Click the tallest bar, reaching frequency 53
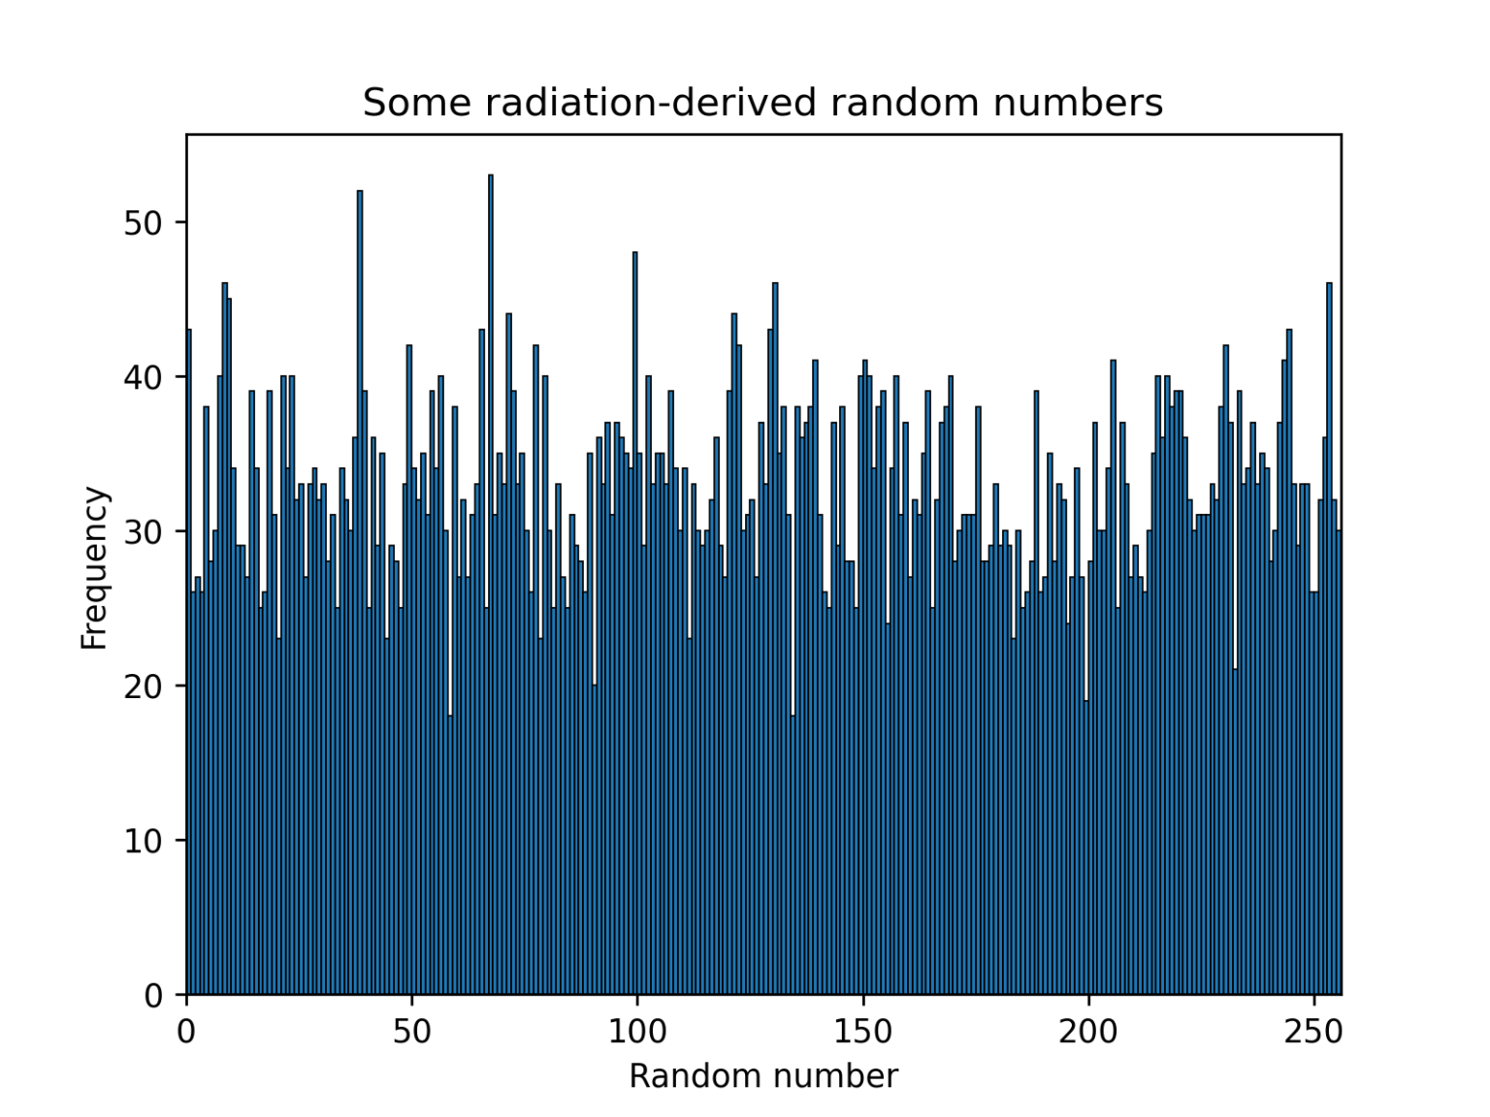(491, 582)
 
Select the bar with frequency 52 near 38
(360, 591)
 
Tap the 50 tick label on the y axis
(143, 223)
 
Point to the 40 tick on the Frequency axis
(143, 377)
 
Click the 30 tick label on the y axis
(143, 531)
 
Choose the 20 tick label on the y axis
(143, 686)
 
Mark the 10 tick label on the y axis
(143, 841)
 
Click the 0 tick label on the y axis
(153, 996)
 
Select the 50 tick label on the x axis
(411, 1032)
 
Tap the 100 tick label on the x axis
(637, 1032)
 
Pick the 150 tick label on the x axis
(862, 1032)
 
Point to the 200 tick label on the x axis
(1088, 1032)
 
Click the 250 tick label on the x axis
(1313, 1032)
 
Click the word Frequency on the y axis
(94, 568)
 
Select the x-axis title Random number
(763, 1076)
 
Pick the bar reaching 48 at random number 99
(635, 621)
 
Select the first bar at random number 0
(189, 659)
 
